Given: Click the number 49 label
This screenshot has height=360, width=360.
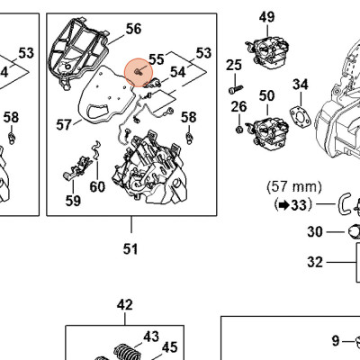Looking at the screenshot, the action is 266,17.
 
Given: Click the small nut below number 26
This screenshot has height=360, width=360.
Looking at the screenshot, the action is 239,130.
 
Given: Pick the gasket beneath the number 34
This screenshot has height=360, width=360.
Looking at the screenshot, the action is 300,116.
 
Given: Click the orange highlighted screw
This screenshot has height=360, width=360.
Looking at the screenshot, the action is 139,72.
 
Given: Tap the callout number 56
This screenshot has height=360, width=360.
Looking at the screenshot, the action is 133,29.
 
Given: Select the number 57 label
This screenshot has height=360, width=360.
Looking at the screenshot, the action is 64,124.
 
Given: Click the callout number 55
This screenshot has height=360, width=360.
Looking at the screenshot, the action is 157,59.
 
